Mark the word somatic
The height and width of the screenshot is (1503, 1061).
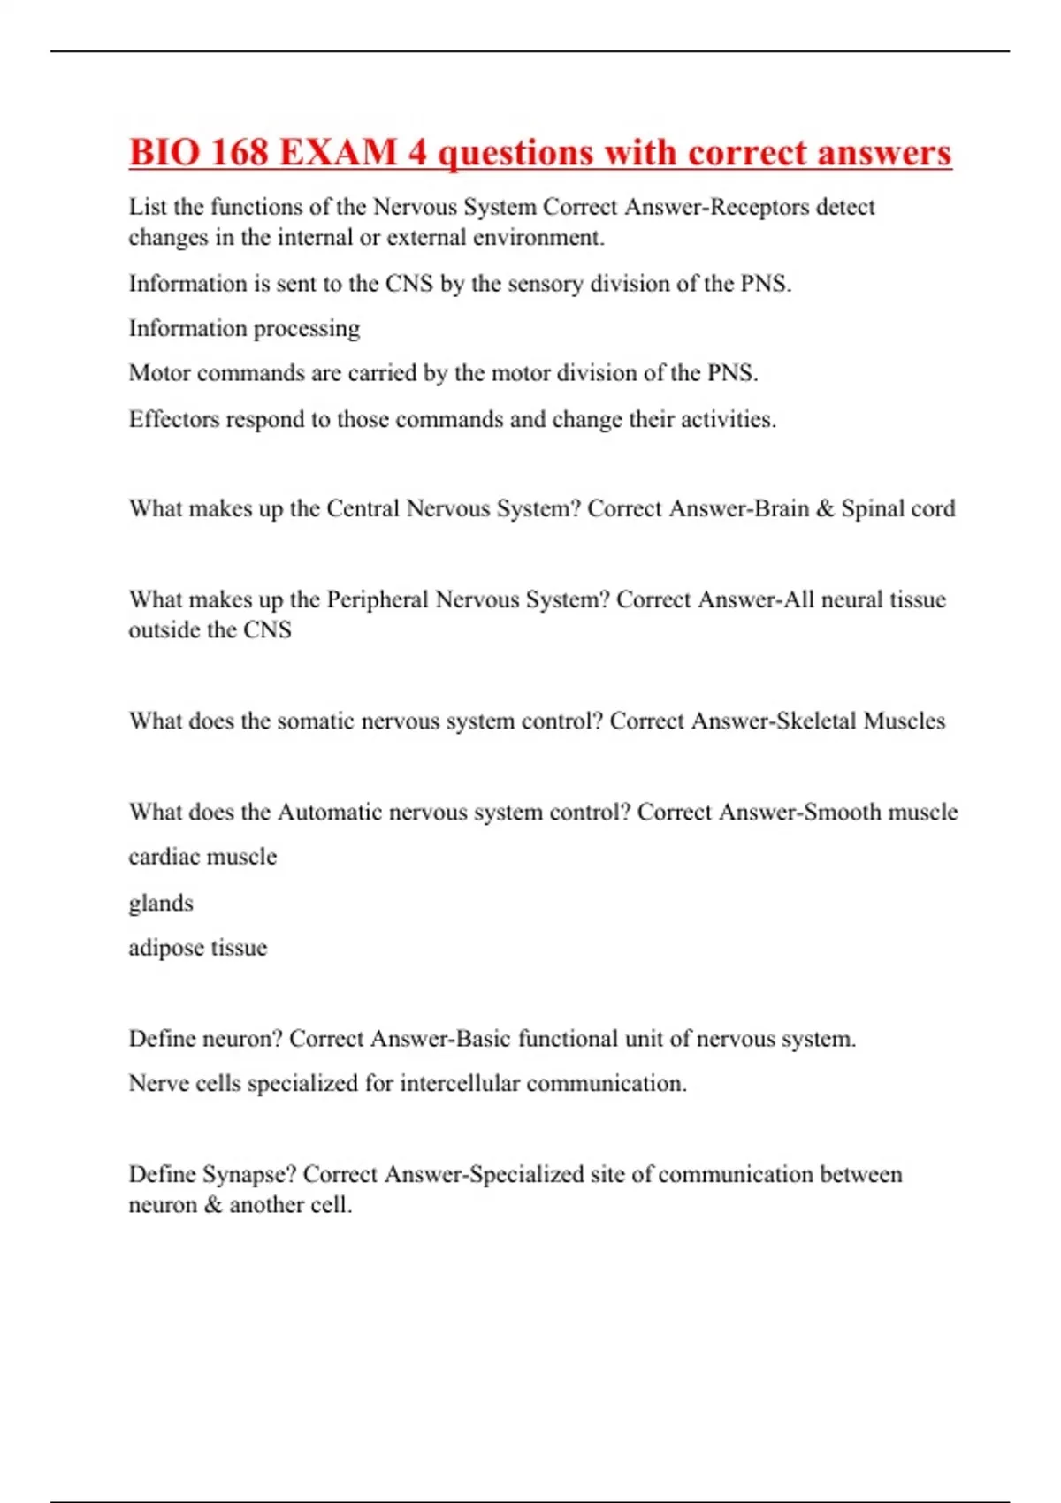click(x=316, y=721)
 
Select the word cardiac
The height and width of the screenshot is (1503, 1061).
click(x=159, y=857)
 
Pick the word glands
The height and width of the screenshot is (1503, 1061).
click(x=161, y=904)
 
